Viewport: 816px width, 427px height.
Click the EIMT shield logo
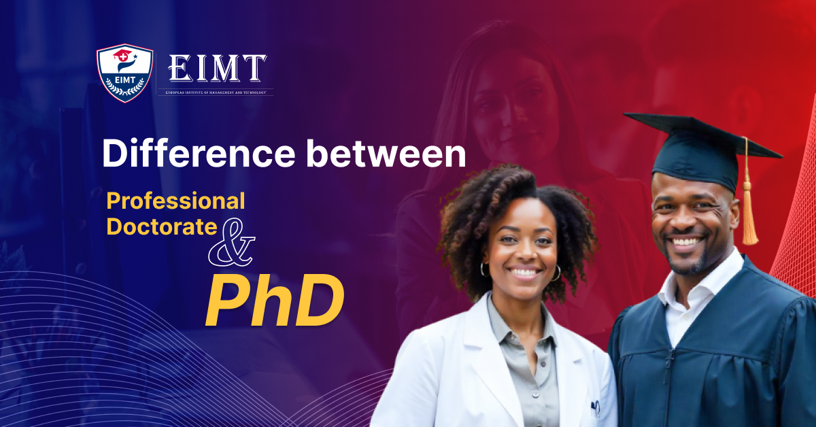(x=124, y=72)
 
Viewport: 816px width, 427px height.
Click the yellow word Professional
(x=175, y=201)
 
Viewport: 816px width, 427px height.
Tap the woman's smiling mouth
(x=524, y=273)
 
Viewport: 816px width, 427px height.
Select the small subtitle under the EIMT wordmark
(x=216, y=91)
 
